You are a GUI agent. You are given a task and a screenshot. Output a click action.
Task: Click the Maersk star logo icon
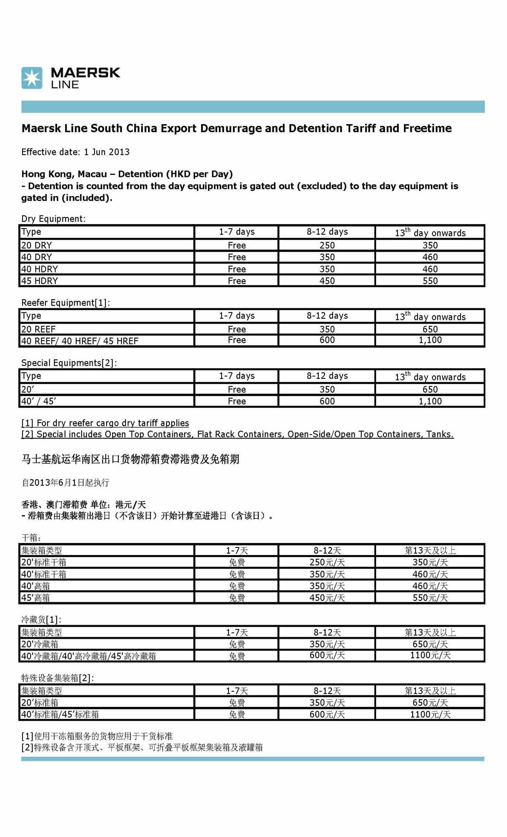(x=32, y=78)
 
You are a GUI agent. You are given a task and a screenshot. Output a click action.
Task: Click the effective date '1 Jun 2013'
(x=107, y=152)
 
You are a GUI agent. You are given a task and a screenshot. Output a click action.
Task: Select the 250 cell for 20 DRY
(x=327, y=245)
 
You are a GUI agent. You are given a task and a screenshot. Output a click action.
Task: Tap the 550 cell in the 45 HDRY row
(x=430, y=281)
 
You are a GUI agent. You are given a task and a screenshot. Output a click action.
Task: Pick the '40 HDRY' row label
(x=40, y=269)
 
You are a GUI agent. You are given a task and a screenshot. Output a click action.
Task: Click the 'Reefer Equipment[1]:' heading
(x=65, y=302)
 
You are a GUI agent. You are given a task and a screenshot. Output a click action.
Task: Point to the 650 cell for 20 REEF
(x=430, y=329)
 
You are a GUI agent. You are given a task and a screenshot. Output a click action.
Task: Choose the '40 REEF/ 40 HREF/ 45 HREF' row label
(x=80, y=341)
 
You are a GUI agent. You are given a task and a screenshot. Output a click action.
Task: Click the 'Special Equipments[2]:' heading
(x=69, y=363)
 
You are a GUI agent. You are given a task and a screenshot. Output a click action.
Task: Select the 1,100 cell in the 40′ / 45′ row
(x=430, y=401)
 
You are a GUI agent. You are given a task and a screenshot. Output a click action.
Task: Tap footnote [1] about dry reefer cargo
(x=105, y=423)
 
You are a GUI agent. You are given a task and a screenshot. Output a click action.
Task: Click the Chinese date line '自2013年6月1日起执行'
(x=65, y=482)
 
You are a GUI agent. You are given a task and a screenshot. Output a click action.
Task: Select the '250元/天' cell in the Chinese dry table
(x=327, y=562)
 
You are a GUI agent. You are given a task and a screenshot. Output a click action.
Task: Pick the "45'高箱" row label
(x=36, y=598)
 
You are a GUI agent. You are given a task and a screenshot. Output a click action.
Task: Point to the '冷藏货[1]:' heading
(x=41, y=619)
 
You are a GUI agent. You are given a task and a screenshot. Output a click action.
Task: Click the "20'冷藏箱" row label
(x=40, y=644)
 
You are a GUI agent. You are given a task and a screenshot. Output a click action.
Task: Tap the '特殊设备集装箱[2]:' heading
(x=58, y=678)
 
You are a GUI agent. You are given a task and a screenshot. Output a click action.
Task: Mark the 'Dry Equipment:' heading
(x=53, y=219)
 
